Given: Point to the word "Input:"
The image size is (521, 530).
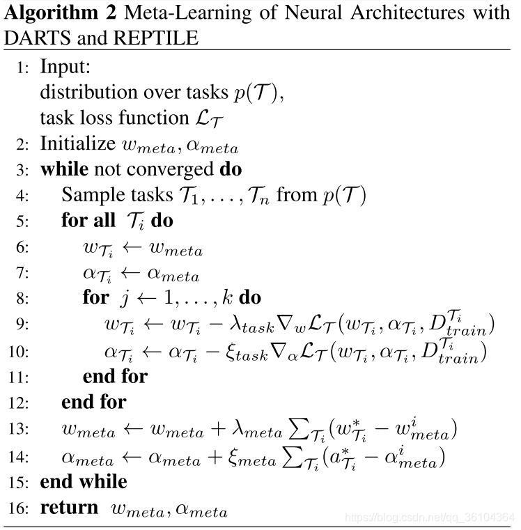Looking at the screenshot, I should click(65, 68).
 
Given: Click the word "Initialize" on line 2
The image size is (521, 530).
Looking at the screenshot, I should click(77, 144).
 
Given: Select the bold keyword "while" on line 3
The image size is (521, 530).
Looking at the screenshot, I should click(63, 170).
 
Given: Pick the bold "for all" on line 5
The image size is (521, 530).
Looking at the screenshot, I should click(87, 221).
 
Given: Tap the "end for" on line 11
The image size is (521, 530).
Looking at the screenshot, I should click(115, 377).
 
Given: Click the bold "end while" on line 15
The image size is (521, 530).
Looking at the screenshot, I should click(84, 482).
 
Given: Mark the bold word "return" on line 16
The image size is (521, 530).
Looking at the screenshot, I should click(69, 508).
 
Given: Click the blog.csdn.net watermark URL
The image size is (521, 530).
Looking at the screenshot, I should click(430, 517).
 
